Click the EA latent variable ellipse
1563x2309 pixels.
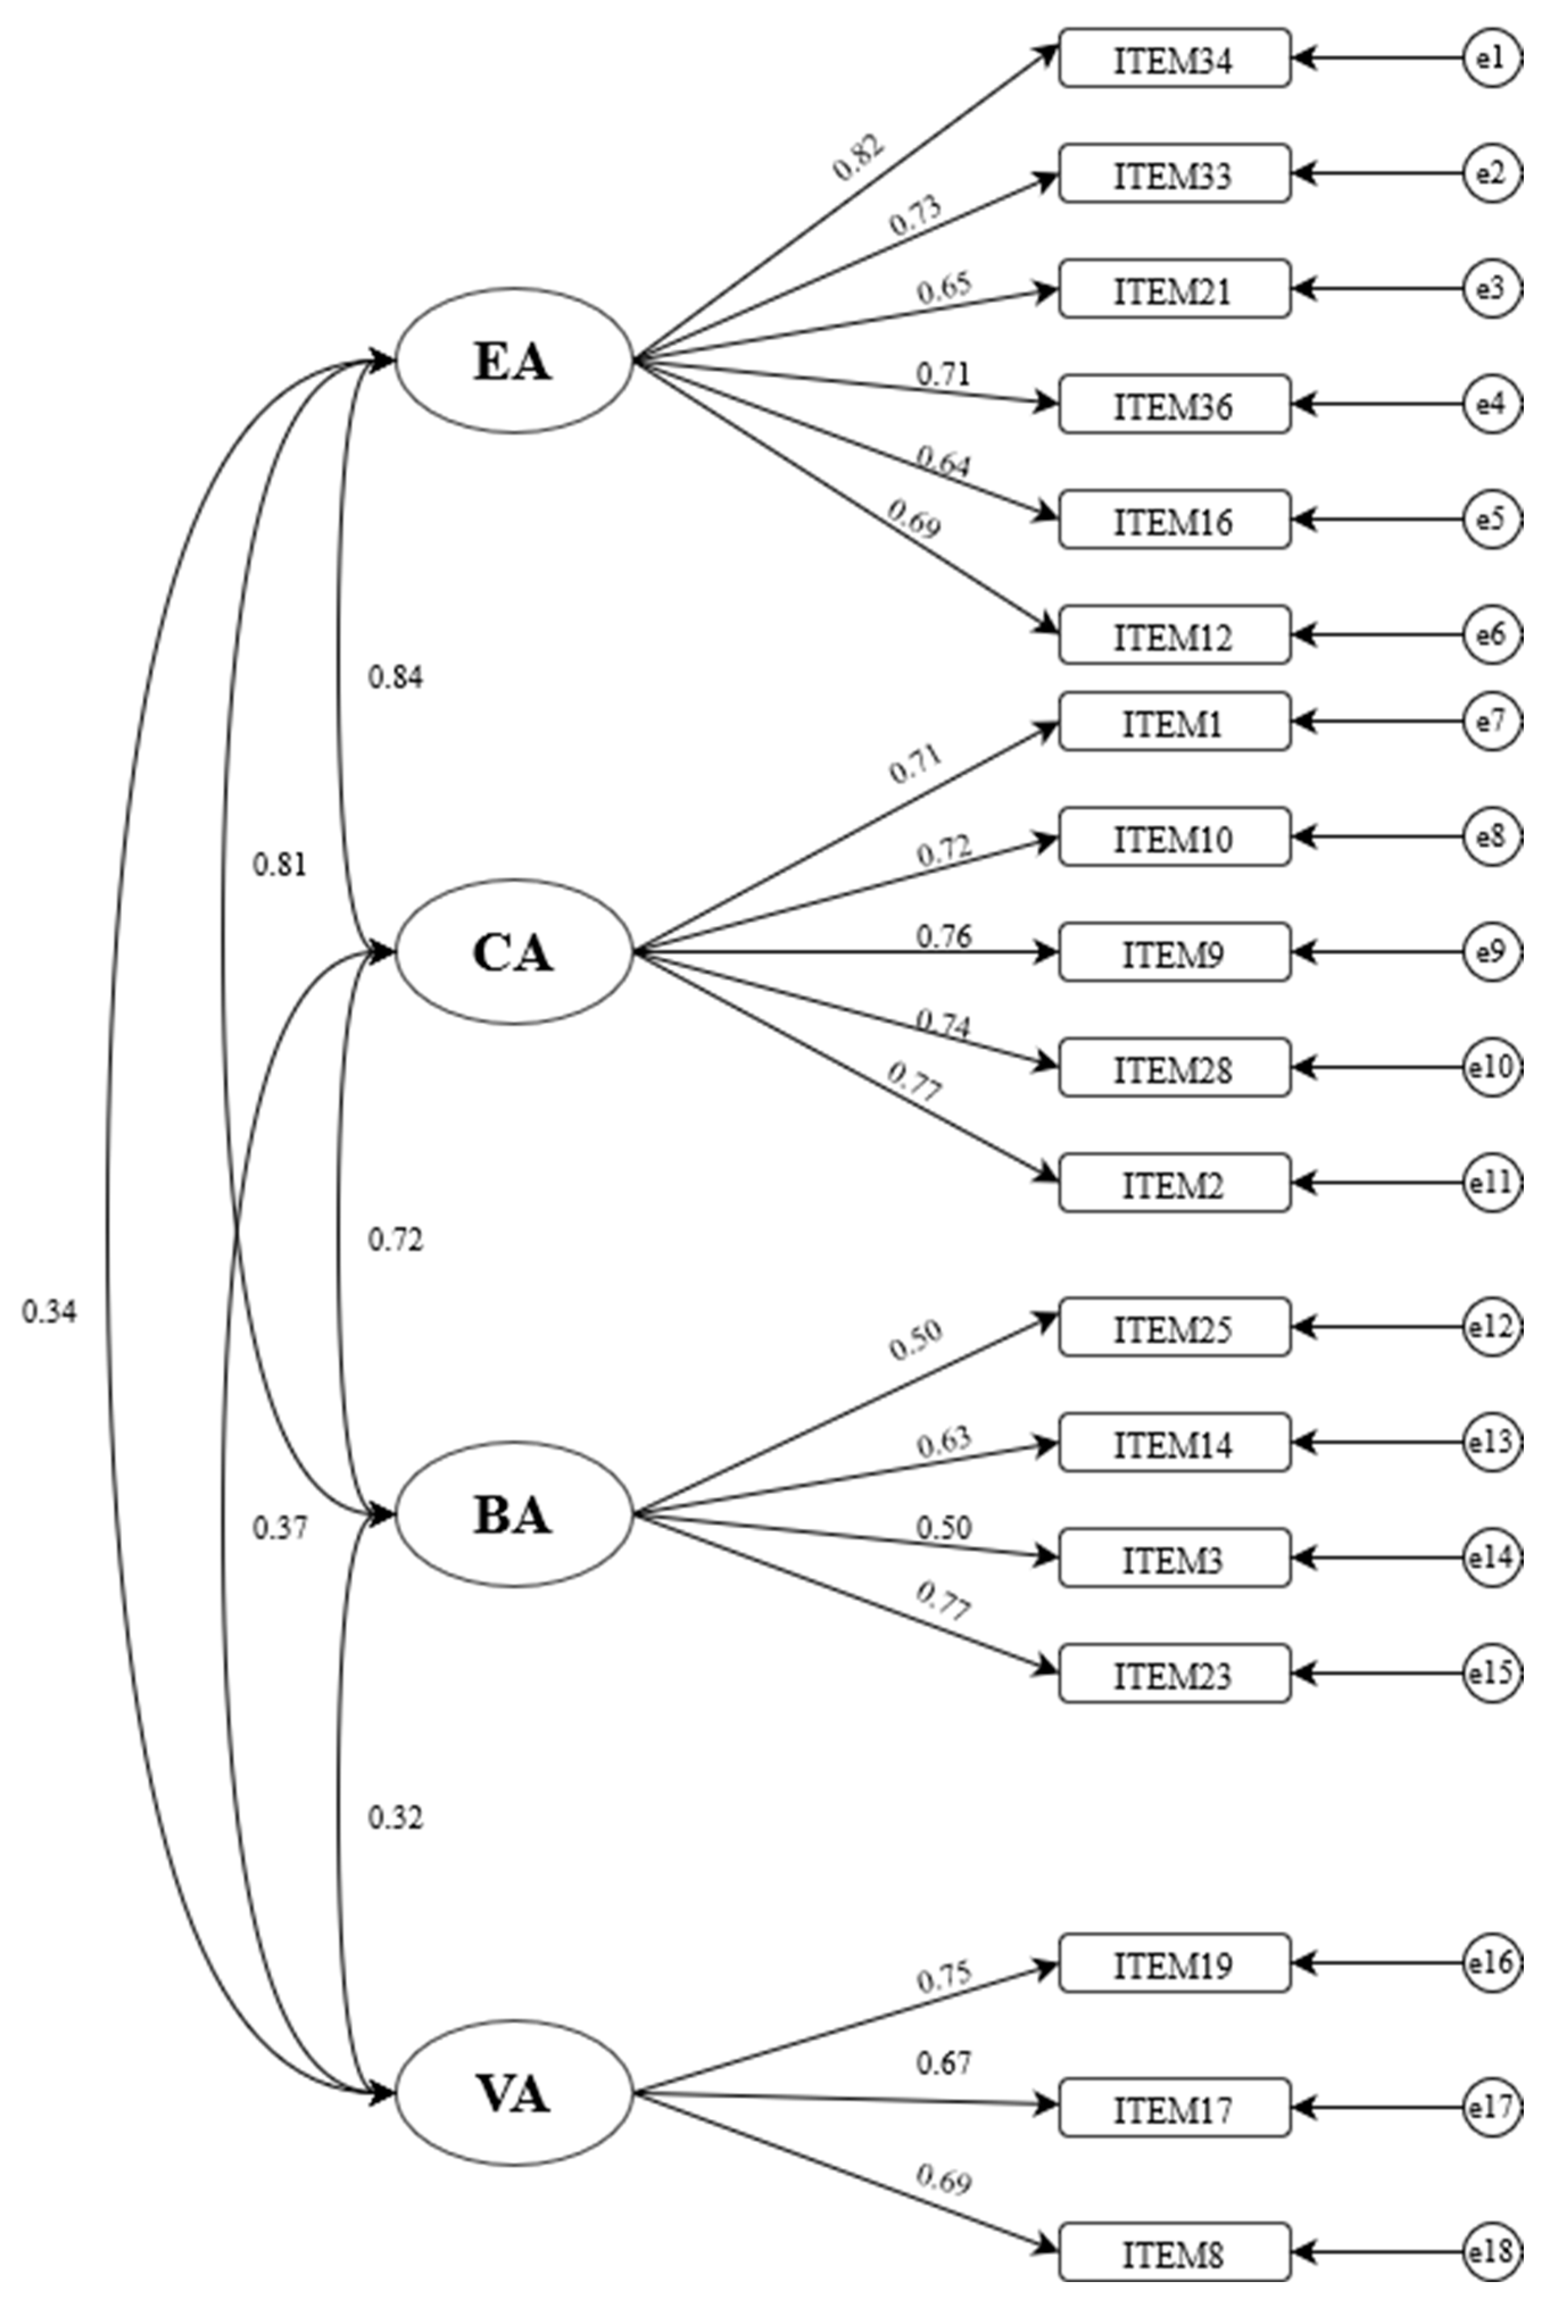(x=514, y=361)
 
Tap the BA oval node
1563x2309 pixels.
(x=514, y=1514)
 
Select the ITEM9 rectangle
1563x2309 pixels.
(x=1174, y=953)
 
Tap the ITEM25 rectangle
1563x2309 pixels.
(x=1174, y=1327)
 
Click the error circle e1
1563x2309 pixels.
(x=1490, y=59)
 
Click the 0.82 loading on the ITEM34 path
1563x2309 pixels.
(x=858, y=157)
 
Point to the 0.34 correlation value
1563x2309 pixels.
(x=49, y=1311)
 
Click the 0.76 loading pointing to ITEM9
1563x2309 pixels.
(x=943, y=936)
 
